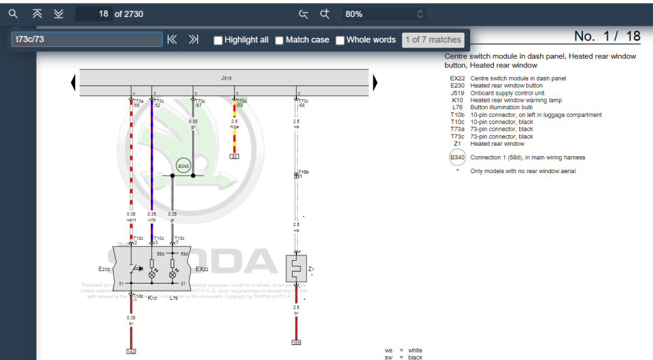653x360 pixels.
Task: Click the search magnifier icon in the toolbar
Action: click(13, 14)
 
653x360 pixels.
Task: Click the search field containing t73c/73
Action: click(87, 40)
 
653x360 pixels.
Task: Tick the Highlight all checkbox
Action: click(219, 41)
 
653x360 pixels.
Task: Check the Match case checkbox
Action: click(279, 41)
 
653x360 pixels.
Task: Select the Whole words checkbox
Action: click(340, 41)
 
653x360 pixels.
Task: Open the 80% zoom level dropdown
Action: click(385, 14)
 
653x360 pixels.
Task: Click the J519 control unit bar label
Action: click(226, 78)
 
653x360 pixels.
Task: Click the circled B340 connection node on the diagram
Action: click(183, 167)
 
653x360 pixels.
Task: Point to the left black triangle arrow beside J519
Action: click(73, 82)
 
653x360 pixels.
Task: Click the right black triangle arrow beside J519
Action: click(375, 82)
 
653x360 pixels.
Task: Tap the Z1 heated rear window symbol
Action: click(296, 269)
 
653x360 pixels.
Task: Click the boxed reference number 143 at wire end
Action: click(131, 352)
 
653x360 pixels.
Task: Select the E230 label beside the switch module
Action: click(104, 269)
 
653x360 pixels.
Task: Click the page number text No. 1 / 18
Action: click(607, 36)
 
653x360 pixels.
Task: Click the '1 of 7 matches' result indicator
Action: click(433, 40)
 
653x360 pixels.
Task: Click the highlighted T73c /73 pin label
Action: click(241, 103)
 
